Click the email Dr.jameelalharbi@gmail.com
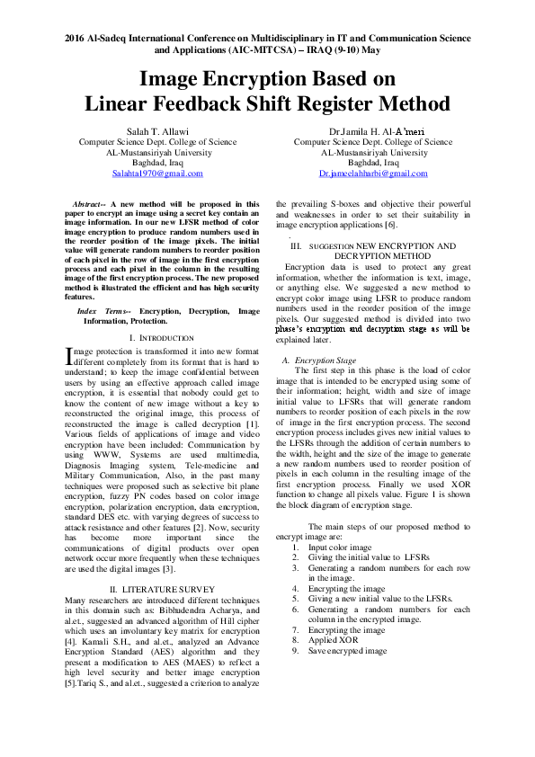coord(373,174)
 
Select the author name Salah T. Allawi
coord(158,131)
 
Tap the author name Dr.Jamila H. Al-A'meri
coord(373,131)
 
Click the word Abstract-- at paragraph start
coord(90,205)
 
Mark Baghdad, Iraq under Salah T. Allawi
coord(158,163)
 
